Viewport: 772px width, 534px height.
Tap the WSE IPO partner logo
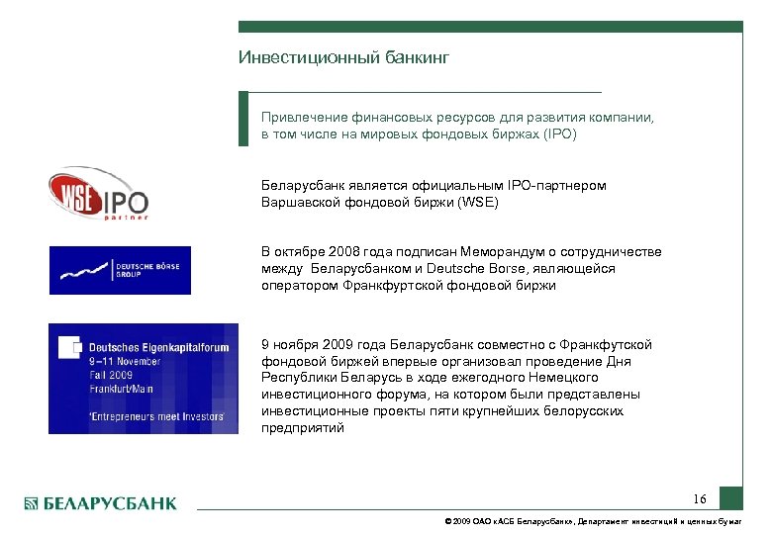[98, 193]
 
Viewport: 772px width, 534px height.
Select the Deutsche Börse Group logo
[120, 270]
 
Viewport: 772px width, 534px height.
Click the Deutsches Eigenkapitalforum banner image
[143, 378]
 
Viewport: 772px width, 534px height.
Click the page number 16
[700, 498]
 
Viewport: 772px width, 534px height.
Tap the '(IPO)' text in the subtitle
[558, 133]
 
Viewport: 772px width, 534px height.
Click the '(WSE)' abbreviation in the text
[478, 203]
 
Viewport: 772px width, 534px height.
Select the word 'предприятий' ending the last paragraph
[303, 428]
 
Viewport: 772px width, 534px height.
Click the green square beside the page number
[730, 497]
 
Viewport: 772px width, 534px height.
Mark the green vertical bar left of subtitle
[243, 120]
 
